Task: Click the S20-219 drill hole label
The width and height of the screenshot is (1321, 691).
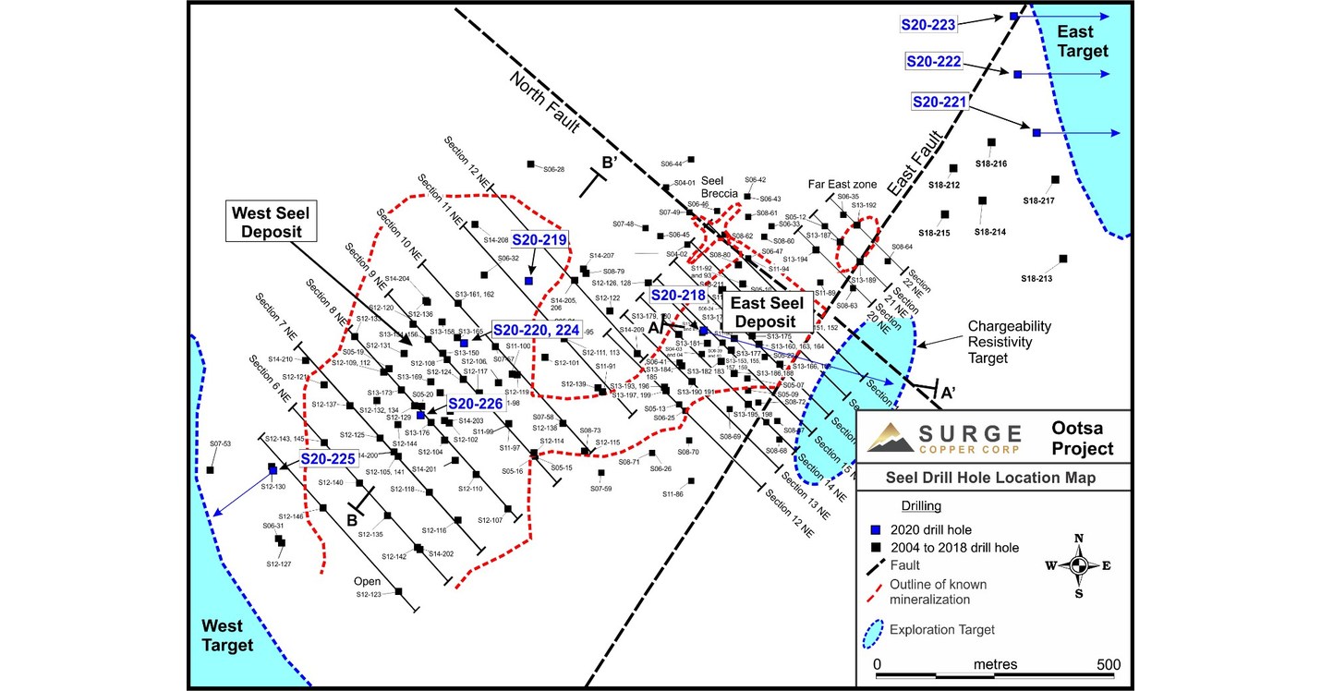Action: (x=539, y=239)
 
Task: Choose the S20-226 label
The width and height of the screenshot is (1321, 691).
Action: (x=475, y=403)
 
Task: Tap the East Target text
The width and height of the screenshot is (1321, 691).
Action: (x=1082, y=42)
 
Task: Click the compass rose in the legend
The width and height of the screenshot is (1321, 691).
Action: (x=1078, y=565)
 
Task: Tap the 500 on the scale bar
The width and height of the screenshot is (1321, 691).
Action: (x=1108, y=664)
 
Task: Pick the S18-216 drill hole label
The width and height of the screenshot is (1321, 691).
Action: (x=990, y=164)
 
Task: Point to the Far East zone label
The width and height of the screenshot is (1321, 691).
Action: (x=842, y=185)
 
